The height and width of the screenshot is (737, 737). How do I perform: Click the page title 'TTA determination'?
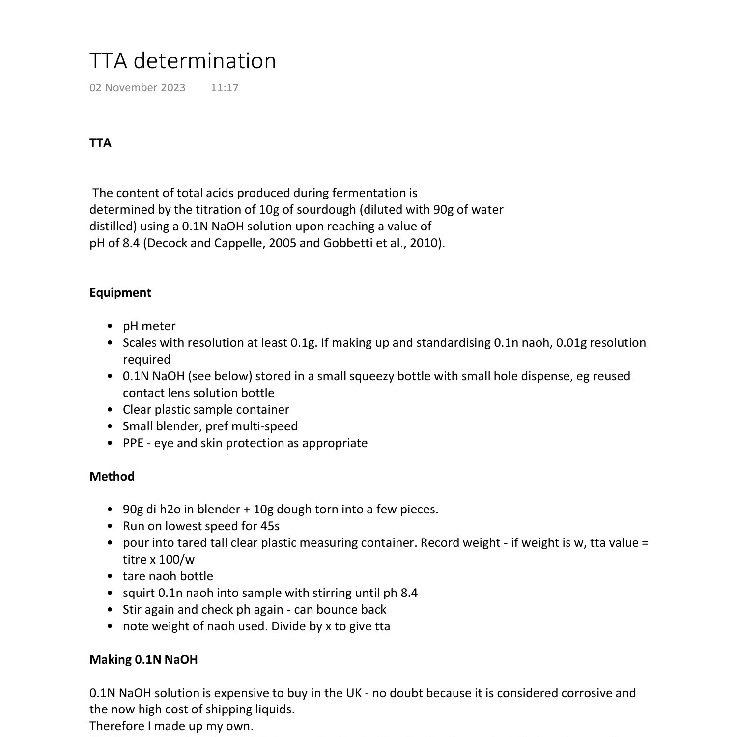tap(182, 61)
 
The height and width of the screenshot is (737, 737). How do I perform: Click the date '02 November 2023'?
tap(137, 87)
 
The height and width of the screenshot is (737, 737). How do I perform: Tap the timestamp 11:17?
tap(225, 87)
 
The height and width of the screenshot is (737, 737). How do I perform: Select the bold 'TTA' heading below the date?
tap(100, 143)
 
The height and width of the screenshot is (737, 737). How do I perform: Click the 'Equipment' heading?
tap(120, 293)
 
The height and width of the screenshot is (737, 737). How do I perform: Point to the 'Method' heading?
tap(112, 476)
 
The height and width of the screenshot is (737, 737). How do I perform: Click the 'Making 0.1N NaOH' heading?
tap(143, 659)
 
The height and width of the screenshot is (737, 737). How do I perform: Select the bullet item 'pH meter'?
tap(149, 326)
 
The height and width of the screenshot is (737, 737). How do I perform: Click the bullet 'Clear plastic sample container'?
tap(206, 410)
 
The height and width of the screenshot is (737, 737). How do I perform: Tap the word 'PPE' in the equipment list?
tap(133, 443)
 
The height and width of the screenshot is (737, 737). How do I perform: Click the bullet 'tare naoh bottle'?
tap(168, 576)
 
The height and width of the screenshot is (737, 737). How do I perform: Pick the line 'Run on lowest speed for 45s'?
tap(201, 526)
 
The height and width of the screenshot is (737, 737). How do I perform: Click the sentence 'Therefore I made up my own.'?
tap(171, 726)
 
